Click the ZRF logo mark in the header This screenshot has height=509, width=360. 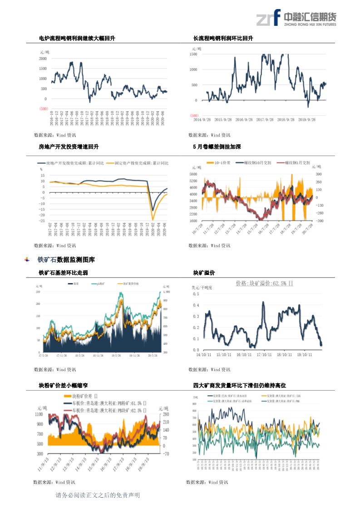pos(268,18)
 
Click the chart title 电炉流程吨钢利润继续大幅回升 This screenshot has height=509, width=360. pos(77,39)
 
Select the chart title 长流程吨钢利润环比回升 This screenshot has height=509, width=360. pos(223,39)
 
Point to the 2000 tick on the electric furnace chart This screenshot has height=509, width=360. pos(43,59)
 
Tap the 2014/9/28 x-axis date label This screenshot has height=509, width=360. pos(202,120)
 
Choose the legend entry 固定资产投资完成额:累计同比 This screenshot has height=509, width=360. pos(141,162)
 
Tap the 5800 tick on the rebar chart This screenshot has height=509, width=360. pos(192,174)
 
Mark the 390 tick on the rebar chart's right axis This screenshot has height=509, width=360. pos(318,174)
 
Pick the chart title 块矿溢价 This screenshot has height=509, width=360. pos(204,273)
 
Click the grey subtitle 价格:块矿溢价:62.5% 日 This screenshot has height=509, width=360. pos(265,283)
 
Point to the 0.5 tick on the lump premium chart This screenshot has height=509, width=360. pos(196,294)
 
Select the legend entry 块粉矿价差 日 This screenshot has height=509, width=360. pos(84,396)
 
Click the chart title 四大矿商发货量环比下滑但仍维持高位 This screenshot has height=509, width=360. pos(239,385)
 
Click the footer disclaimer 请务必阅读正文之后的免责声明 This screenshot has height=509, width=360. pos(98,495)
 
